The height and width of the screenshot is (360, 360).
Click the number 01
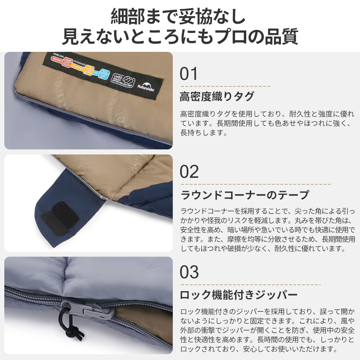189,74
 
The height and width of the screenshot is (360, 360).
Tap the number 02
189,172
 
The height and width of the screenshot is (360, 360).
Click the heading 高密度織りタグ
217,96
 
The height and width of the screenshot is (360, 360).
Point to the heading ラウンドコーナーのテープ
244,195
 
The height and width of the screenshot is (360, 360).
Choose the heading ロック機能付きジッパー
239,295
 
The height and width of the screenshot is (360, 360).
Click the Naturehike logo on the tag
146,85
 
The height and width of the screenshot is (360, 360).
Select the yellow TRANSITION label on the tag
77,67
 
